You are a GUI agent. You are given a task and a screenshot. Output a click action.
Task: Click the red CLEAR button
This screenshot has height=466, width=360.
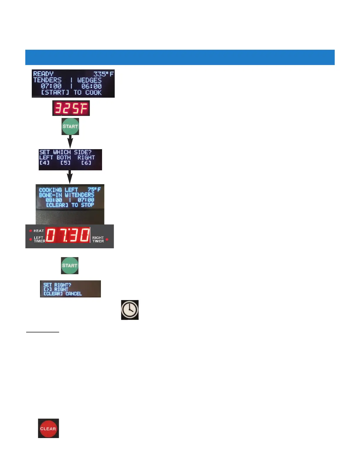48,428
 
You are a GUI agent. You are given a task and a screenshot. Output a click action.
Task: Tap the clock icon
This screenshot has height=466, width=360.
130,310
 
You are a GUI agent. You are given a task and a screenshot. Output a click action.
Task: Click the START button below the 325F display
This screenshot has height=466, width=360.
70,127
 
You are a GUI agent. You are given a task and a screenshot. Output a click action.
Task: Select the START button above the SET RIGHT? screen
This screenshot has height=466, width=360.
69,265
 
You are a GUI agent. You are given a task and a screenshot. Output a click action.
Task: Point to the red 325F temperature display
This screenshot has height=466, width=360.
71,108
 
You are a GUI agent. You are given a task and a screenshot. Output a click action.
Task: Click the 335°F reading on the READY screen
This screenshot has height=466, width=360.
103,74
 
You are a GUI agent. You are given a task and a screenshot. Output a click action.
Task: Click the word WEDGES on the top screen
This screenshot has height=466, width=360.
89,80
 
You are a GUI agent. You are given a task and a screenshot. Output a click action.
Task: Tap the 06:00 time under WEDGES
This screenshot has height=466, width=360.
91,86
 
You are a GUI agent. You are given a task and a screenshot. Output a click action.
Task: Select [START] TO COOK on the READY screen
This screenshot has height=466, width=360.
71,92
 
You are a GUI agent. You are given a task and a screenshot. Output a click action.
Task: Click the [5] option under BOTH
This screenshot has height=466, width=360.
65,163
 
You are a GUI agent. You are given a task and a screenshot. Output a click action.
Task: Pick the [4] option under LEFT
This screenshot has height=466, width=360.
44,163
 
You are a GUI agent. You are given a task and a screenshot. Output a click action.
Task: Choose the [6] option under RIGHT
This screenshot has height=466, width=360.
86,163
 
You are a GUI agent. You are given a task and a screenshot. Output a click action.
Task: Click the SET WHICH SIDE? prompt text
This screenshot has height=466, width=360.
65,152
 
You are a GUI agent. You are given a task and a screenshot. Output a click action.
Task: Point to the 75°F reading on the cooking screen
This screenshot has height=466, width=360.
94,189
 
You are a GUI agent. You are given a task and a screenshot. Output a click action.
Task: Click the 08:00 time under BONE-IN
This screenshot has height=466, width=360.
54,200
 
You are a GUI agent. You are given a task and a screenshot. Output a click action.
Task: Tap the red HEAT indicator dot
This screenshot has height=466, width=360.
31,231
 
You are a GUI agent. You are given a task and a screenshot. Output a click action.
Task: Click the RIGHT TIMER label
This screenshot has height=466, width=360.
98,239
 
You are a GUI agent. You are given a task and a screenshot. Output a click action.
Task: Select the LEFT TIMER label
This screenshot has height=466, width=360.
39,239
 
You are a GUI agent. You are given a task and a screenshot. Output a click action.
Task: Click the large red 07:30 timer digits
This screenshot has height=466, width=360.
68,235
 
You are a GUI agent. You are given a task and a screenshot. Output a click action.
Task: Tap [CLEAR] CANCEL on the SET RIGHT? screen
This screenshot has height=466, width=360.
62,294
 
